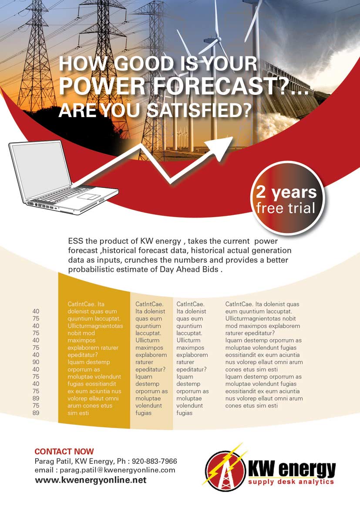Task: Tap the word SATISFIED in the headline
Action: coord(199,110)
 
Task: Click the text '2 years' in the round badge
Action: coord(286,192)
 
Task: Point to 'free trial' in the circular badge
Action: coord(286,208)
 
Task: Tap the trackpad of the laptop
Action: coord(89,198)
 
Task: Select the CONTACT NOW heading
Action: coord(64,452)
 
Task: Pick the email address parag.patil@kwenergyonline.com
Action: coord(118,470)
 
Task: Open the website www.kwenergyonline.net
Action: coord(91,480)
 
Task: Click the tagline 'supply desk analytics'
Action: coord(291,482)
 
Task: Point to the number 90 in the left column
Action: coord(36,362)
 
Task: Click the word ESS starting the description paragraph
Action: coord(74,241)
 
